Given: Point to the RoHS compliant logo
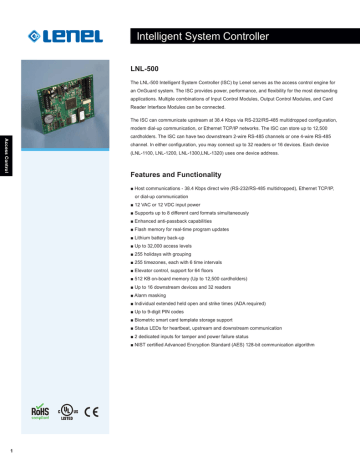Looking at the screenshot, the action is tap(36, 411).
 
